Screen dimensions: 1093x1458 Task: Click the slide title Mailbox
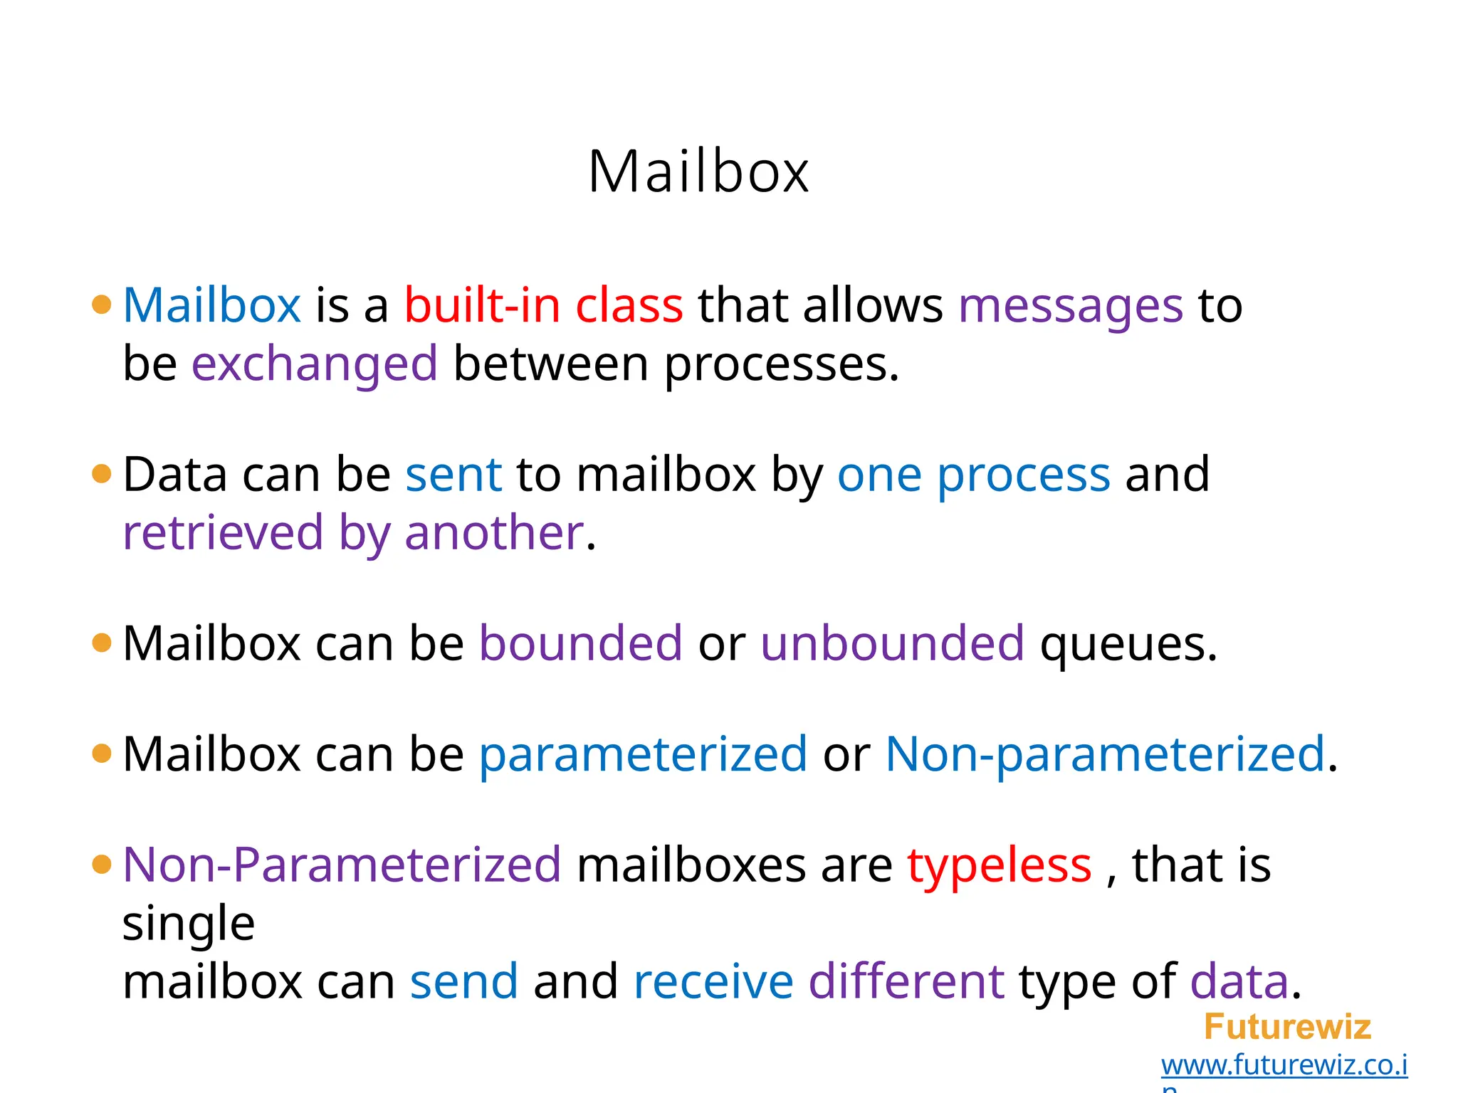point(698,171)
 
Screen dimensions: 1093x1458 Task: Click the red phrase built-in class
point(543,306)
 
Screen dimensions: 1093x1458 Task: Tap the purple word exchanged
point(314,364)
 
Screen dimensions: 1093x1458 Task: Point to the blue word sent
point(453,475)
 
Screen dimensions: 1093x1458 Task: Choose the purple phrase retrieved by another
point(353,534)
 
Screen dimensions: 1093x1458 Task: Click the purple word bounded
point(580,643)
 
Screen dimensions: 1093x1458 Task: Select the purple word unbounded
point(892,643)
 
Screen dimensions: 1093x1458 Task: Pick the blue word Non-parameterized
point(1104,754)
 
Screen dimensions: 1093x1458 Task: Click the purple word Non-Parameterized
point(342,865)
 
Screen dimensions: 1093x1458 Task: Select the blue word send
point(463,982)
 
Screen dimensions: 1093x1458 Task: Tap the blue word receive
point(713,982)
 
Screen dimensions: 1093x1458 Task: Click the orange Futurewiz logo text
point(1287,1027)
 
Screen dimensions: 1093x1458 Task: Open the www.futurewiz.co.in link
point(1284,1065)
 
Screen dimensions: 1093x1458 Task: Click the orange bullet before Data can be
point(102,474)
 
